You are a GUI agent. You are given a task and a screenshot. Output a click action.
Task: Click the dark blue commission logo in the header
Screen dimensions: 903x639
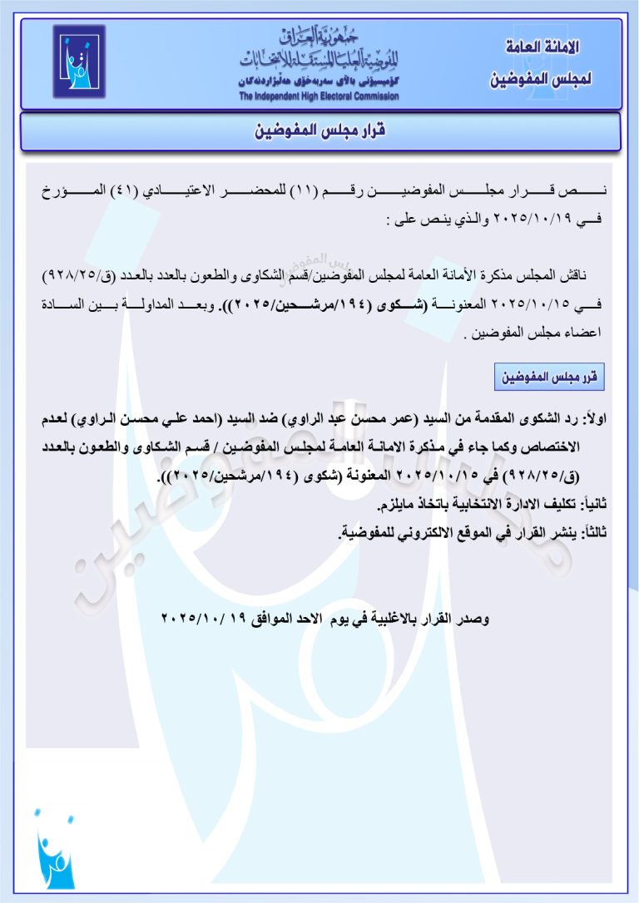[79, 62]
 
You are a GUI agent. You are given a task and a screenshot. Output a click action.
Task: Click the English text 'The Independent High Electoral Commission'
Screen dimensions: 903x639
[319, 96]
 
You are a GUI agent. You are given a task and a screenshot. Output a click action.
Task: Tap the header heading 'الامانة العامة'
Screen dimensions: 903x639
[542, 47]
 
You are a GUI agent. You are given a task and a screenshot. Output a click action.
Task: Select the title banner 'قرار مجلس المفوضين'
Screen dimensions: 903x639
[319, 131]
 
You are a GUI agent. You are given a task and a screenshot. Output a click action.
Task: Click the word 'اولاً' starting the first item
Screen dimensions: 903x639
[597, 418]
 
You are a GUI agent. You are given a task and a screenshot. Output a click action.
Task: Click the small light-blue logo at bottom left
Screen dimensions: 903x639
[55, 851]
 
